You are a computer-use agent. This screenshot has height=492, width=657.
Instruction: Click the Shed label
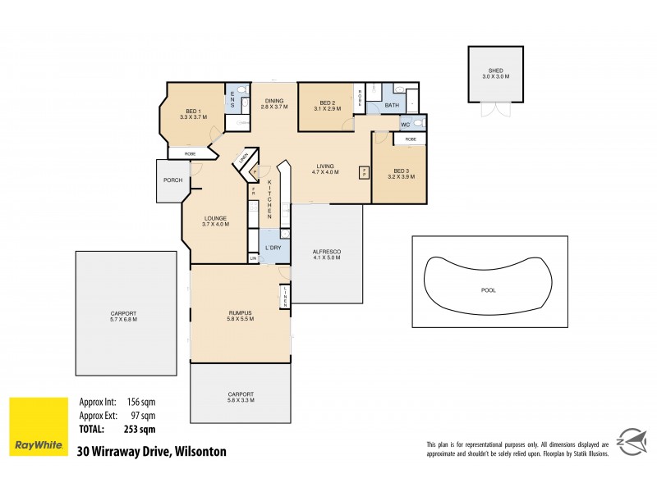click(x=496, y=71)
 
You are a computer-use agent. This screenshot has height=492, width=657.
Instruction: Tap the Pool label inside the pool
click(x=489, y=290)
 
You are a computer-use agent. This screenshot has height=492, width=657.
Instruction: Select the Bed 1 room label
click(x=195, y=111)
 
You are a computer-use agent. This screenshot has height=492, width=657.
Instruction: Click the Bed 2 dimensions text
click(x=328, y=108)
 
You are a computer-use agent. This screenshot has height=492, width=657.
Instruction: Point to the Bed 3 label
click(x=400, y=171)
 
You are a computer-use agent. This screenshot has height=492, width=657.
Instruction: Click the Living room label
click(x=325, y=166)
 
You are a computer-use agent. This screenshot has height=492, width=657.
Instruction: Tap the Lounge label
click(x=215, y=218)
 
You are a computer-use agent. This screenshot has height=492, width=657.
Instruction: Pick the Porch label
click(x=172, y=180)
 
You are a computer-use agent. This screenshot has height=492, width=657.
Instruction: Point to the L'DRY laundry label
click(x=271, y=247)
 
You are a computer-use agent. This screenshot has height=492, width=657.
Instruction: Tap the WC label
click(x=405, y=125)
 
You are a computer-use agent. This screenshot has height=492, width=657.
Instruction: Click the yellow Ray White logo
click(x=38, y=427)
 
